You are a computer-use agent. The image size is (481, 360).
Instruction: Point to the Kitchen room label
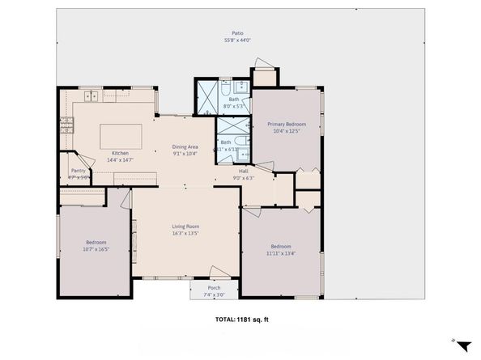coord(120,153)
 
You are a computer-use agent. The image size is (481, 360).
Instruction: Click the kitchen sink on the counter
coord(90,97)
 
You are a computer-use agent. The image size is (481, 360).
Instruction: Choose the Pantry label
coord(79,171)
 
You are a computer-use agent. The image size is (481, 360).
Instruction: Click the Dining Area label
coord(185,147)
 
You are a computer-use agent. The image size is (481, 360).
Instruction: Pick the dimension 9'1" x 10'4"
coord(185,154)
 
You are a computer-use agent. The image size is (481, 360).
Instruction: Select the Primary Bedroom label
coord(286,124)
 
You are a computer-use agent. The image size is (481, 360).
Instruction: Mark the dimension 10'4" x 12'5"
coord(286,130)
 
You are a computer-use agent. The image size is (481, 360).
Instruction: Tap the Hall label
coord(243,172)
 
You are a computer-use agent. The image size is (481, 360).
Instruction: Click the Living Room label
coord(185,227)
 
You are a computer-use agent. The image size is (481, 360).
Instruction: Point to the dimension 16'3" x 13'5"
coord(185,233)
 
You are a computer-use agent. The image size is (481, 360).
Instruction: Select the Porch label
coord(214,289)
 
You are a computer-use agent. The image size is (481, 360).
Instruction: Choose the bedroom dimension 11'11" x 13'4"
coord(281,252)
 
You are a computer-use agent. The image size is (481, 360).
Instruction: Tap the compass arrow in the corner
coord(462,345)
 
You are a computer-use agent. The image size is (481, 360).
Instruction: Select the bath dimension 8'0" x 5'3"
coord(233,106)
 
